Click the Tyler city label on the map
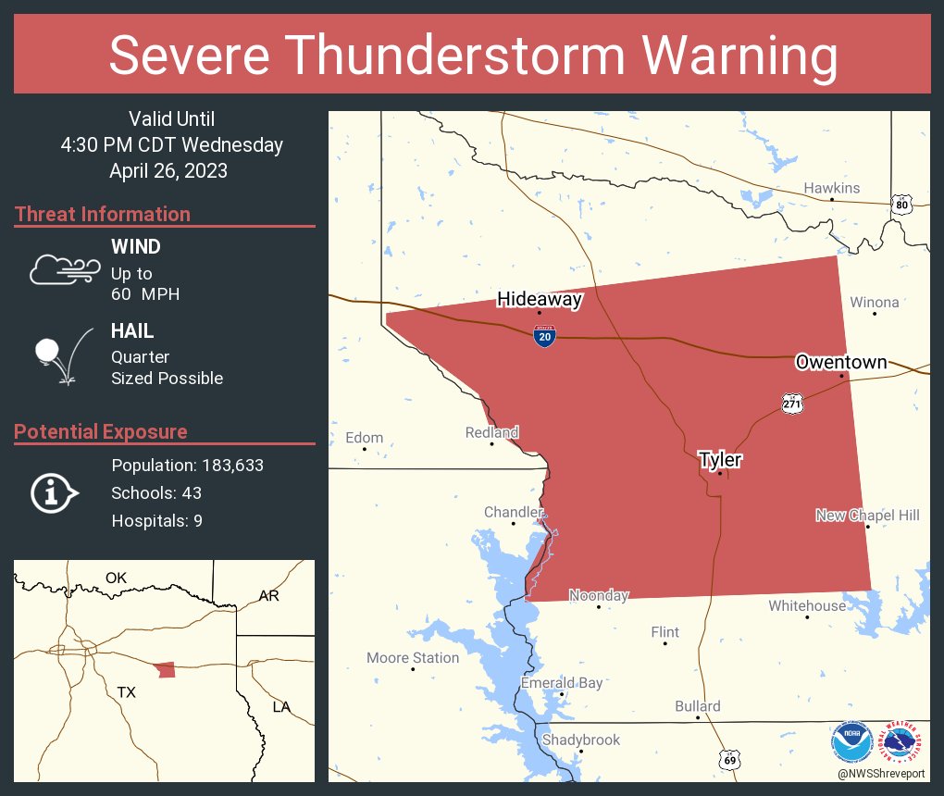coord(720,459)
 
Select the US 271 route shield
coord(791,404)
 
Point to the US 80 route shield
coord(901,204)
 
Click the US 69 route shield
coord(730,759)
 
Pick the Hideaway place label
coord(540,299)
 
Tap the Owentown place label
coord(840,362)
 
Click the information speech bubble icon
coord(55,492)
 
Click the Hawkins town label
coord(831,188)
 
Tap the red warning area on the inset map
coord(166,669)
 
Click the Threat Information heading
coord(103,214)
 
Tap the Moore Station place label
coord(413,658)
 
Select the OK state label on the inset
coord(116,578)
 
